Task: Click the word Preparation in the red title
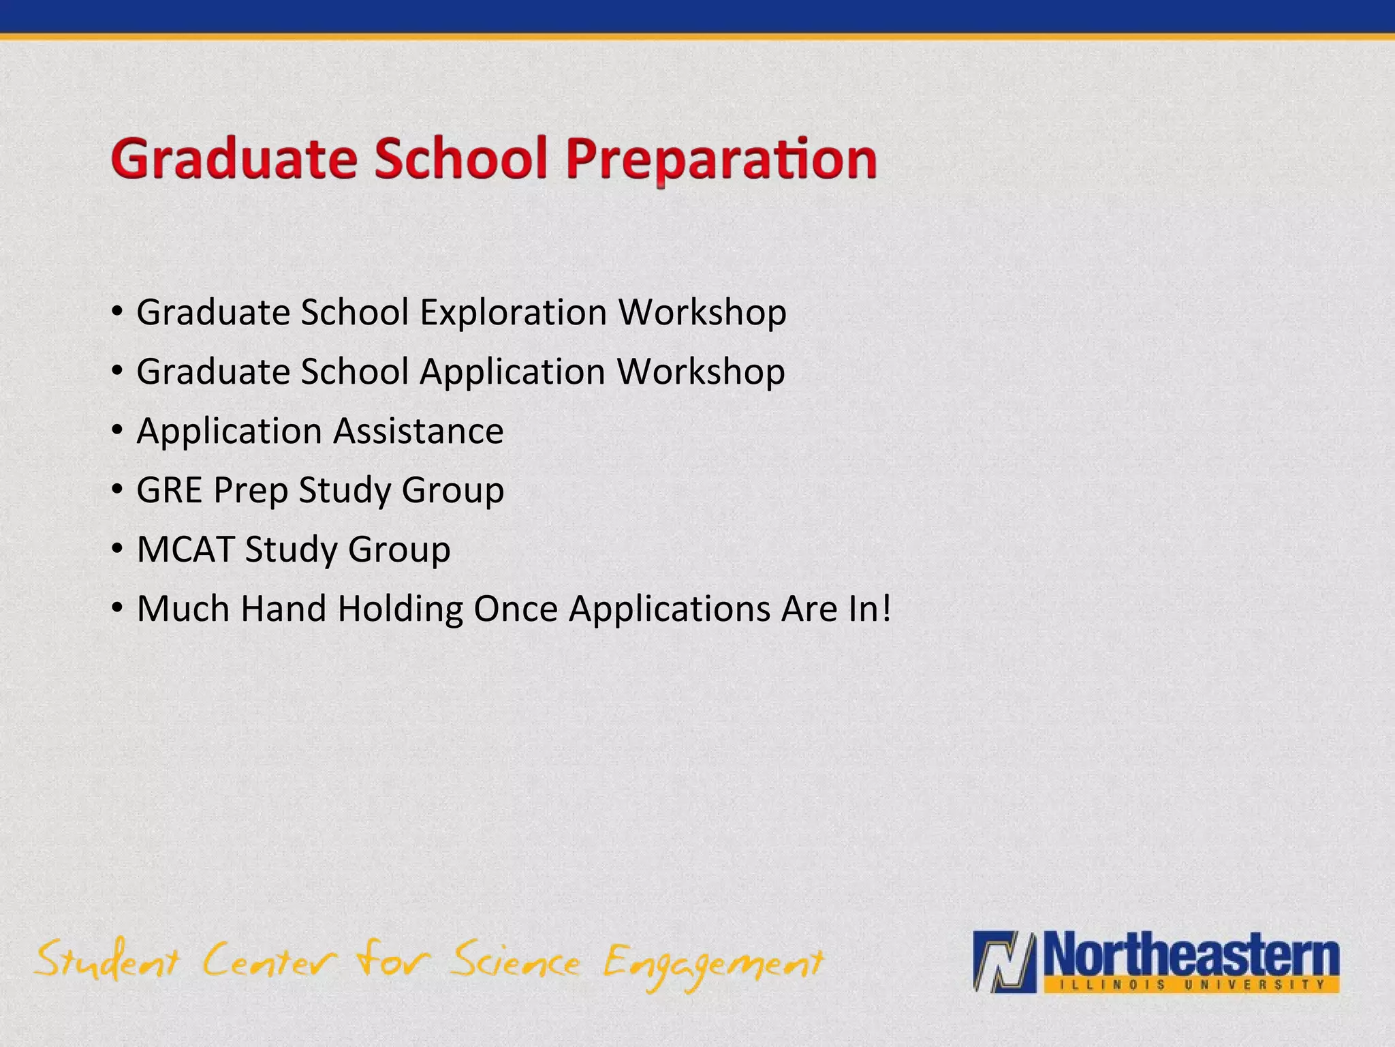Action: point(721,160)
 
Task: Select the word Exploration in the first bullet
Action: point(513,312)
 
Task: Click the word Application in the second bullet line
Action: point(512,371)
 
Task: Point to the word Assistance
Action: point(418,431)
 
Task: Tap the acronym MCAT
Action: point(185,549)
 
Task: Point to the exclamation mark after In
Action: point(885,608)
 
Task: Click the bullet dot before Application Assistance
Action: point(118,431)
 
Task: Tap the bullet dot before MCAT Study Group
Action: point(118,549)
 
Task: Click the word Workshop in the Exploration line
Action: point(702,312)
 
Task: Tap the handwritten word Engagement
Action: point(712,965)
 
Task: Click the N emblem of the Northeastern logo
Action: point(1004,962)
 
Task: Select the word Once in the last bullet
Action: point(516,608)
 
